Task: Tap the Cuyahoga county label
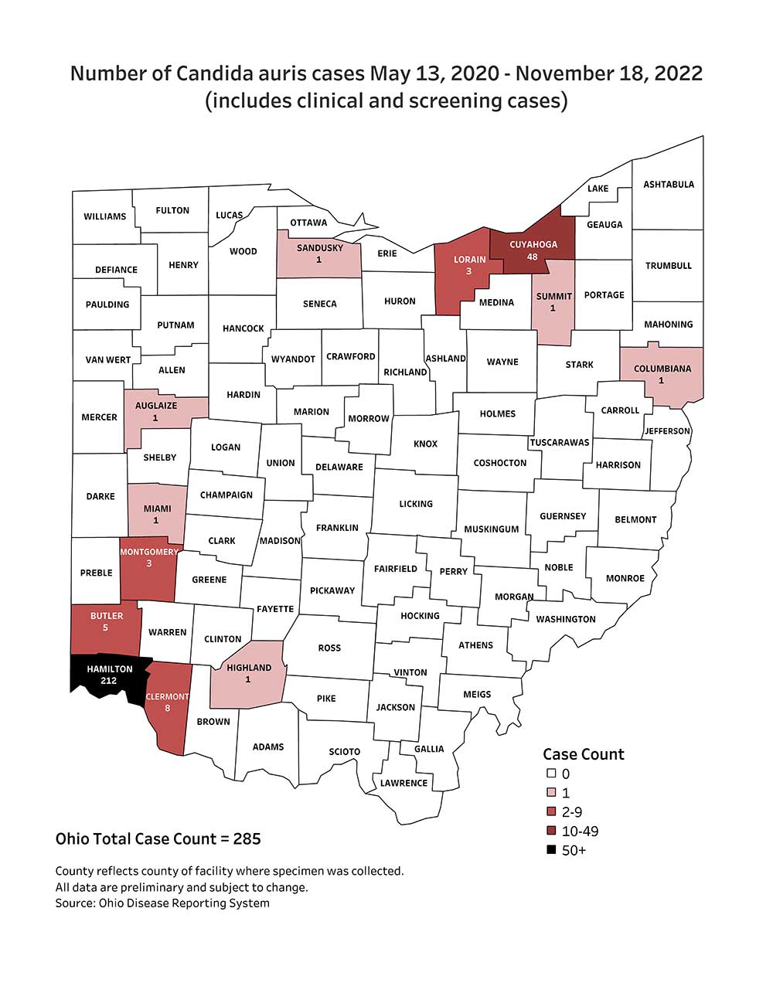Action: click(x=533, y=244)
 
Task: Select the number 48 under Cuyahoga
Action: click(x=532, y=257)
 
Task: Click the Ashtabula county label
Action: click(x=669, y=185)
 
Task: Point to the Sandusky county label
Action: click(x=319, y=248)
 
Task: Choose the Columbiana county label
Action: click(x=662, y=369)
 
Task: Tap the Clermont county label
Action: click(x=167, y=696)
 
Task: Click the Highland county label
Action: click(x=249, y=668)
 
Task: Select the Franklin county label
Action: click(x=337, y=528)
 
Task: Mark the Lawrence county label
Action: click(x=404, y=783)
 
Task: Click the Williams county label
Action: click(x=104, y=216)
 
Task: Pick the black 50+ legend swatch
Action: click(x=551, y=850)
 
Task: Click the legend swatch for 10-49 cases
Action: click(x=551, y=831)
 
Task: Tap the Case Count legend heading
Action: click(x=583, y=754)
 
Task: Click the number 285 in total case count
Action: click(x=247, y=839)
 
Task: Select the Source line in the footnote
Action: click(x=162, y=903)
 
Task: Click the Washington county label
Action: click(x=565, y=619)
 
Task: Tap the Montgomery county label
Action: click(x=148, y=552)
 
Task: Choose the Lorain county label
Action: click(x=469, y=260)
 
